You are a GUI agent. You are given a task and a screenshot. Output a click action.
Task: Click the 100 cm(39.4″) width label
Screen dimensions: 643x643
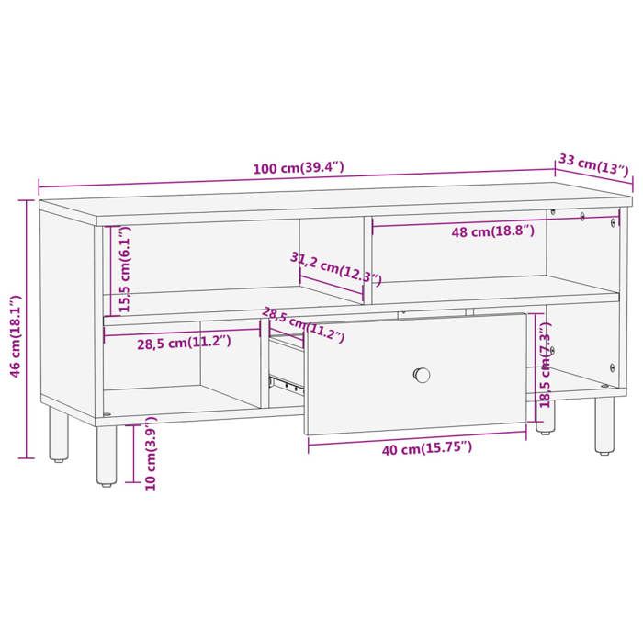point(299,168)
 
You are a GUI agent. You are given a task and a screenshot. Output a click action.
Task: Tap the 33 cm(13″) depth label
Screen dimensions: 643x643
point(593,164)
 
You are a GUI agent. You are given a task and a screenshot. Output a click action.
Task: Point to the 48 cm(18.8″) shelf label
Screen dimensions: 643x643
point(492,232)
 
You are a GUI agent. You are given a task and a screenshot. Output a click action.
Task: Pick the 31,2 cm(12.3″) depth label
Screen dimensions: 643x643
point(335,266)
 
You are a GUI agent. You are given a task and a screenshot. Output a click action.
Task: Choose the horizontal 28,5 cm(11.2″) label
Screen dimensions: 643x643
point(184,342)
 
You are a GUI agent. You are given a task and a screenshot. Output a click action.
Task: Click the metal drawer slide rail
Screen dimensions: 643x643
point(286,379)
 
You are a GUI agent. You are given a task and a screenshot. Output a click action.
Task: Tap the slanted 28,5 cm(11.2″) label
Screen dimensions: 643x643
point(302,325)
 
